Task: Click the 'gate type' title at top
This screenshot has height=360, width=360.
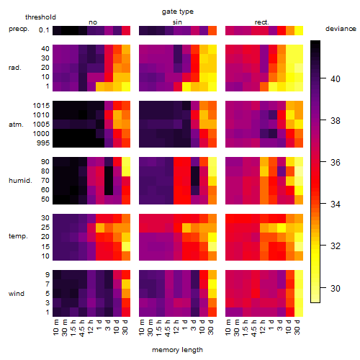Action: (178, 12)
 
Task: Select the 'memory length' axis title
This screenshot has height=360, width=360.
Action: (177, 350)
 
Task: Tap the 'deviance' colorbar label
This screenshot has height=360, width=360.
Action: (341, 29)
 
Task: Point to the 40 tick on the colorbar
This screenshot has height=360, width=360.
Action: (323, 78)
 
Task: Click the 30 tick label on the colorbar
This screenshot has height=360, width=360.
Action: (336, 288)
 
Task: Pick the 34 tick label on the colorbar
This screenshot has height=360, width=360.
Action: (336, 204)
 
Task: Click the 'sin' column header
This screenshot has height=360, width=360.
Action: (177, 22)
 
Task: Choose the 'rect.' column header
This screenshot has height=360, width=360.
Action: (262, 22)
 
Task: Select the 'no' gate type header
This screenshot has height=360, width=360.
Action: (93, 22)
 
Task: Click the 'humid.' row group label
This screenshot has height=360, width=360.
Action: (20, 181)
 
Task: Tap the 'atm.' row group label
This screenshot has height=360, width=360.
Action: (16, 125)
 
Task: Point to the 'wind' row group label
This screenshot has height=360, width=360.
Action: (17, 294)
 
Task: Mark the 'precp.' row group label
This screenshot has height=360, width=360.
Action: (19, 29)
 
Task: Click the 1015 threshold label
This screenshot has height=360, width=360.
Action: (41, 106)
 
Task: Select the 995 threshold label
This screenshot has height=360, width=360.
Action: (43, 143)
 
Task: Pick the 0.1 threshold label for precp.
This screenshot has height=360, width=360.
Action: (44, 30)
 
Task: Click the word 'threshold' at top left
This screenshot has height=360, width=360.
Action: (40, 17)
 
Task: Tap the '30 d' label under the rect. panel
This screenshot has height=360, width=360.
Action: (297, 327)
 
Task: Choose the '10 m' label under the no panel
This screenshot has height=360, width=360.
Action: (55, 328)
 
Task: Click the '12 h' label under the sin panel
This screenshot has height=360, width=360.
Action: (176, 327)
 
